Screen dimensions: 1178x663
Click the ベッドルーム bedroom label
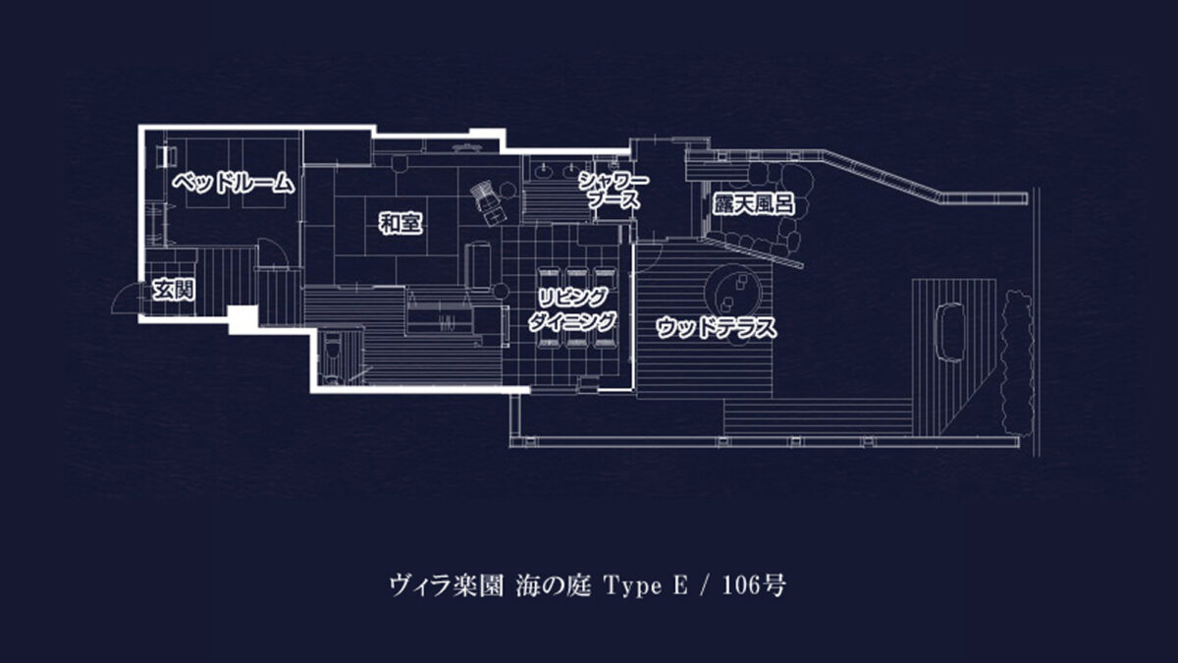[234, 183]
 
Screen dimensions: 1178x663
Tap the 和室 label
[401, 223]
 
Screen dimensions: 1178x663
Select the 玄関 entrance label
[174, 290]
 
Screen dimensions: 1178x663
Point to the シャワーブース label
[614, 191]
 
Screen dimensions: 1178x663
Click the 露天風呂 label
[753, 204]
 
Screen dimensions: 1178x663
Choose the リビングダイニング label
[572, 309]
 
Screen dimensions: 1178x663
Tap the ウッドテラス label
[717, 327]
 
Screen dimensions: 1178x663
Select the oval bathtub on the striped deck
[952, 332]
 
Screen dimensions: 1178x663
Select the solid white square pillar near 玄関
[243, 319]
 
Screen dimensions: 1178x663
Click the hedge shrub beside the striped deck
[1016, 363]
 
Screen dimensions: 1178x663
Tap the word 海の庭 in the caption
[554, 585]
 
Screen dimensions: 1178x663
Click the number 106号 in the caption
[754, 585]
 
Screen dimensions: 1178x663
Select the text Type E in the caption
[646, 585]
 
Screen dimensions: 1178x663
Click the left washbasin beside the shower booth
[542, 172]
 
